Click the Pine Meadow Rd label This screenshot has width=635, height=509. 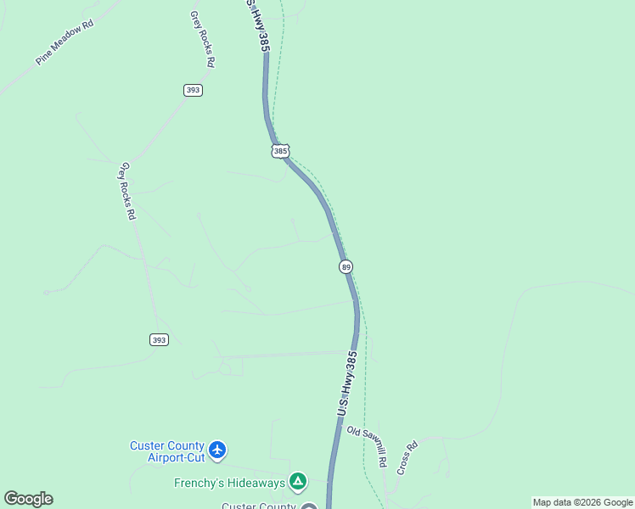click(65, 42)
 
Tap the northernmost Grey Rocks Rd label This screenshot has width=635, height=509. click(203, 39)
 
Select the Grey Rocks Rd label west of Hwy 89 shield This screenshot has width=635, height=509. click(128, 191)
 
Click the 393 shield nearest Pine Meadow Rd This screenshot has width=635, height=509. click(193, 90)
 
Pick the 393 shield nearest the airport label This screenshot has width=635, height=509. click(159, 339)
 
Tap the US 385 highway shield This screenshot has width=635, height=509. click(281, 151)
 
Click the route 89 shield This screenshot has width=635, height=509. click(346, 267)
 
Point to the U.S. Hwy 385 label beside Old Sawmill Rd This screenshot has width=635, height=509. click(345, 385)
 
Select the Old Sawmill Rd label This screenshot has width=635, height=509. click(367, 446)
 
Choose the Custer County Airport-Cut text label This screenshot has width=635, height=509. click(167, 451)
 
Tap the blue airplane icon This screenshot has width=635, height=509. click(218, 449)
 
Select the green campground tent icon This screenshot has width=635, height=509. click(298, 482)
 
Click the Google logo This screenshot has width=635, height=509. click(28, 499)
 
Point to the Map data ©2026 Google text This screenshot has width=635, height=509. click(582, 502)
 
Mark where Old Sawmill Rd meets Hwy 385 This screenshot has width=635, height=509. click(335, 427)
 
